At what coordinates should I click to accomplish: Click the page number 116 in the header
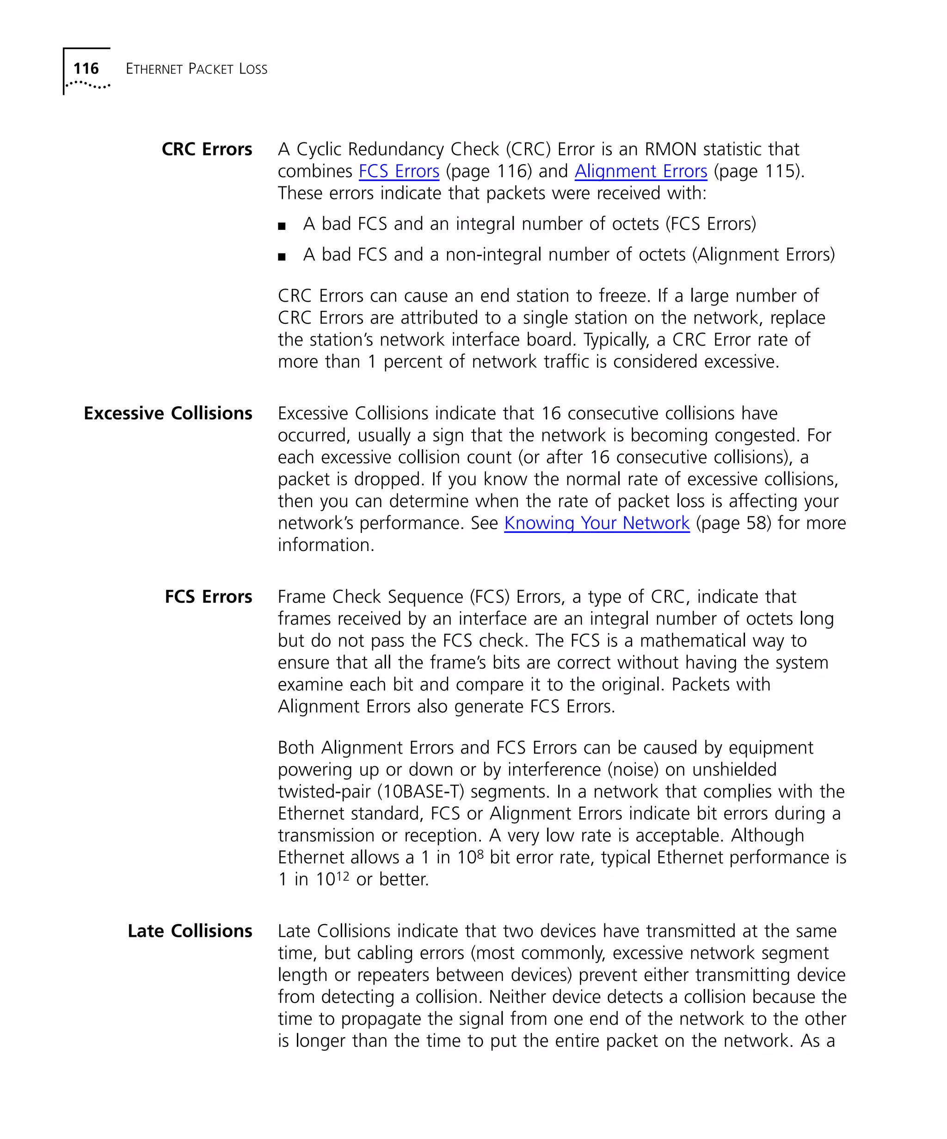point(86,68)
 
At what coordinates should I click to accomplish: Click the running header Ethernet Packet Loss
point(196,69)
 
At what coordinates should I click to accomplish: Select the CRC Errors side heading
point(207,149)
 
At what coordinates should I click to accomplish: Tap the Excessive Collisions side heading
point(167,413)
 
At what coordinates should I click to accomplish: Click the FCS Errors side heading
point(208,597)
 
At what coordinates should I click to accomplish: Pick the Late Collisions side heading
point(190,931)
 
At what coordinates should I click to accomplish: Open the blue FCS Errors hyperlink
point(399,171)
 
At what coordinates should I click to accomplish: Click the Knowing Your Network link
point(596,523)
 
